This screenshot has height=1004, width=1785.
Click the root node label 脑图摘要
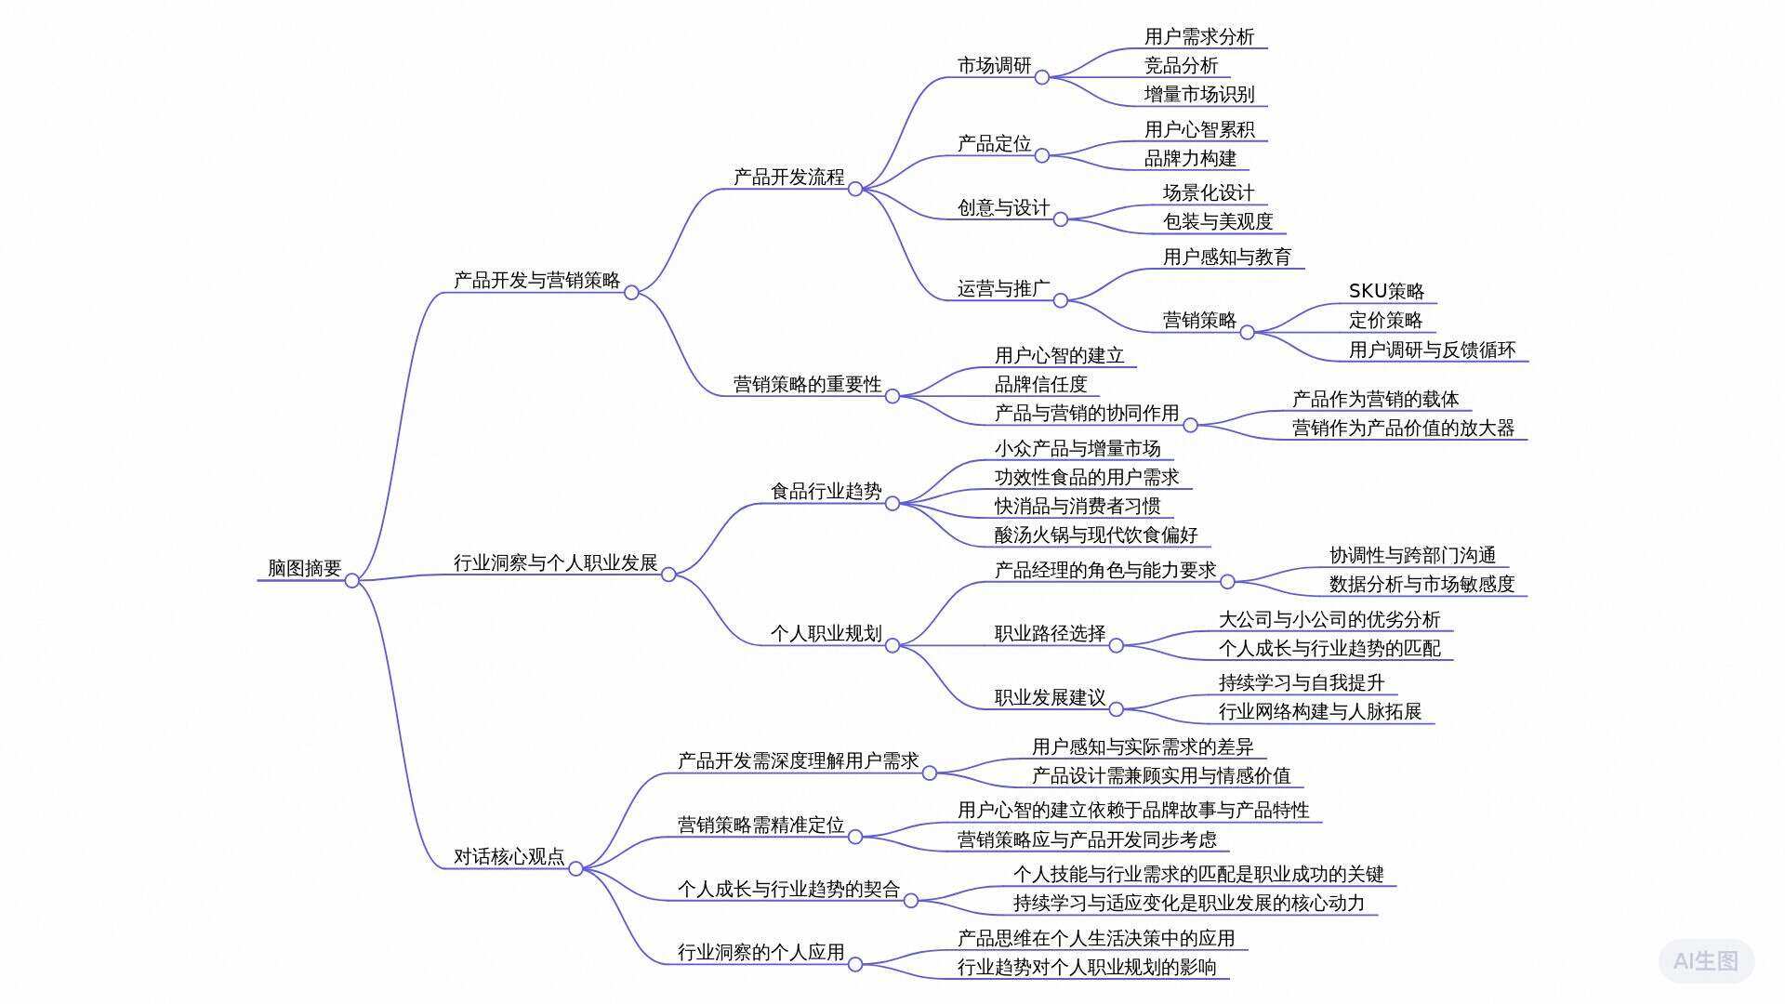coord(304,568)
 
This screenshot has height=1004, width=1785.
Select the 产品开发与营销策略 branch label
coord(536,280)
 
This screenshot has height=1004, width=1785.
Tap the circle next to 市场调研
coord(1042,77)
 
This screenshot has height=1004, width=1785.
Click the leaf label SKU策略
coord(1386,291)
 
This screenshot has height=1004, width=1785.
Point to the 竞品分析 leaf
coord(1181,65)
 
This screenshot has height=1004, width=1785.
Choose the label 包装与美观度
coord(1218,221)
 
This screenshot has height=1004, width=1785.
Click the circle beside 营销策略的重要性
coord(892,396)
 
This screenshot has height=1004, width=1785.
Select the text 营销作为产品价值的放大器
coord(1403,428)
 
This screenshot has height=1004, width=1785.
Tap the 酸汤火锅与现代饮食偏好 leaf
coord(1096,535)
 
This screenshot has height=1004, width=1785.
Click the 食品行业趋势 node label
coord(826,491)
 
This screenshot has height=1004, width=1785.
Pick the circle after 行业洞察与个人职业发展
coord(668,575)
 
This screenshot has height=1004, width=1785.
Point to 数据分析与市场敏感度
coord(1421,584)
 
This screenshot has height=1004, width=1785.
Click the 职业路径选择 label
coord(1050,634)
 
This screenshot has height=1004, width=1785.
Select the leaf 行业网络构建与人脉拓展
coord(1320,711)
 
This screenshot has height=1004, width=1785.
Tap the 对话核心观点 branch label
coord(509,856)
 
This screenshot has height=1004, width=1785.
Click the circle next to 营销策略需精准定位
coord(855,837)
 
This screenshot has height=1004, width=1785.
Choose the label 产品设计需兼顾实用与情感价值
coord(1161,775)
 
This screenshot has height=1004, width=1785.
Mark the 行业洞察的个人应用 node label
coord(760,952)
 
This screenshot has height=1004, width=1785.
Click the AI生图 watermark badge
coord(1706,960)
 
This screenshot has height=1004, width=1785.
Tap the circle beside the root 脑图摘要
coord(352,581)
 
